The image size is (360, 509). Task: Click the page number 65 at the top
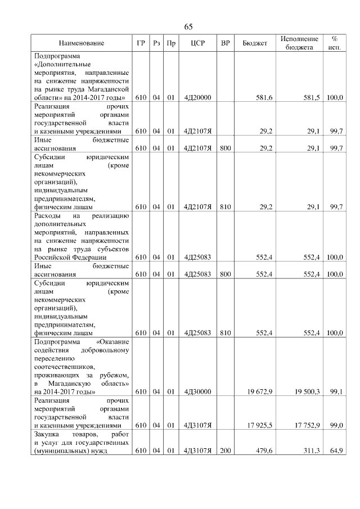click(x=188, y=27)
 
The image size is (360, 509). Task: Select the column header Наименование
click(x=82, y=43)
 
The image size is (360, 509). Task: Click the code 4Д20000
click(x=197, y=97)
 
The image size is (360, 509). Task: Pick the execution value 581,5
click(x=311, y=97)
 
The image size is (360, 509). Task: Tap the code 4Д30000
click(x=197, y=391)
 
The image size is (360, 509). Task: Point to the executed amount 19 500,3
click(x=307, y=391)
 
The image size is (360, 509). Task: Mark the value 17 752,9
click(x=307, y=425)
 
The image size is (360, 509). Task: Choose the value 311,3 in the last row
click(x=311, y=451)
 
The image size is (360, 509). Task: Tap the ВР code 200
click(x=225, y=451)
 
